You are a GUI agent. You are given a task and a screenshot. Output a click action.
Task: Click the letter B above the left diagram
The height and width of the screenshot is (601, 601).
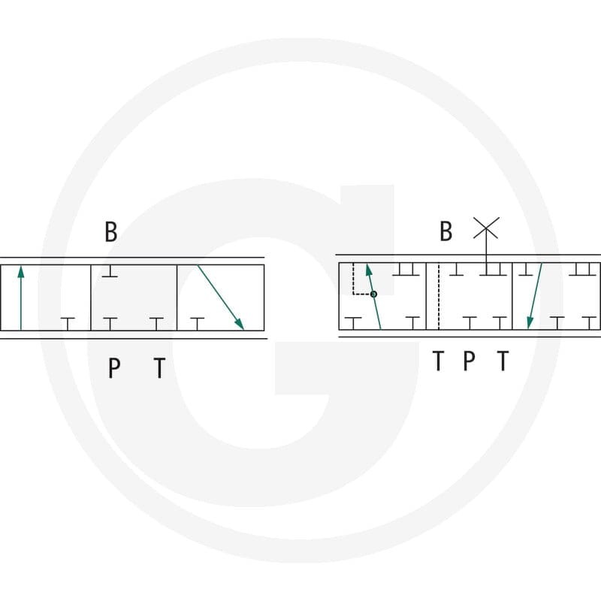[110, 231]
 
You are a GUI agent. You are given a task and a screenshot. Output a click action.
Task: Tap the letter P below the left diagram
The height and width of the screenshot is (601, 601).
[114, 367]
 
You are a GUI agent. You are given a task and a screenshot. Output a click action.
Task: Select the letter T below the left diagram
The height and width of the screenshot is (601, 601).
[159, 367]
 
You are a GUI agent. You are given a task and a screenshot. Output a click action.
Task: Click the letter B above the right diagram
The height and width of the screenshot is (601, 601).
[445, 231]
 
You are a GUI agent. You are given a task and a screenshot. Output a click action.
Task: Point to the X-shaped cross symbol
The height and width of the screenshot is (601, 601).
[486, 228]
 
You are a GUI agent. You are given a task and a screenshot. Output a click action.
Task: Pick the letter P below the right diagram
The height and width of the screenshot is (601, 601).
[469, 361]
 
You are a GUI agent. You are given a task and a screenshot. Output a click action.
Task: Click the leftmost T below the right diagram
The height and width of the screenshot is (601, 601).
[438, 361]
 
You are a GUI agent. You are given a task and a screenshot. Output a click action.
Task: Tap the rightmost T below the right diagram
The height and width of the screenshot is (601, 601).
[503, 361]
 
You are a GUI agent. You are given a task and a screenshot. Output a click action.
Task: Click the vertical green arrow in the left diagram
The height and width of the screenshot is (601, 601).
[21, 298]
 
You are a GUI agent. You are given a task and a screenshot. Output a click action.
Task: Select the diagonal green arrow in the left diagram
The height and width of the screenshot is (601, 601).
[220, 297]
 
